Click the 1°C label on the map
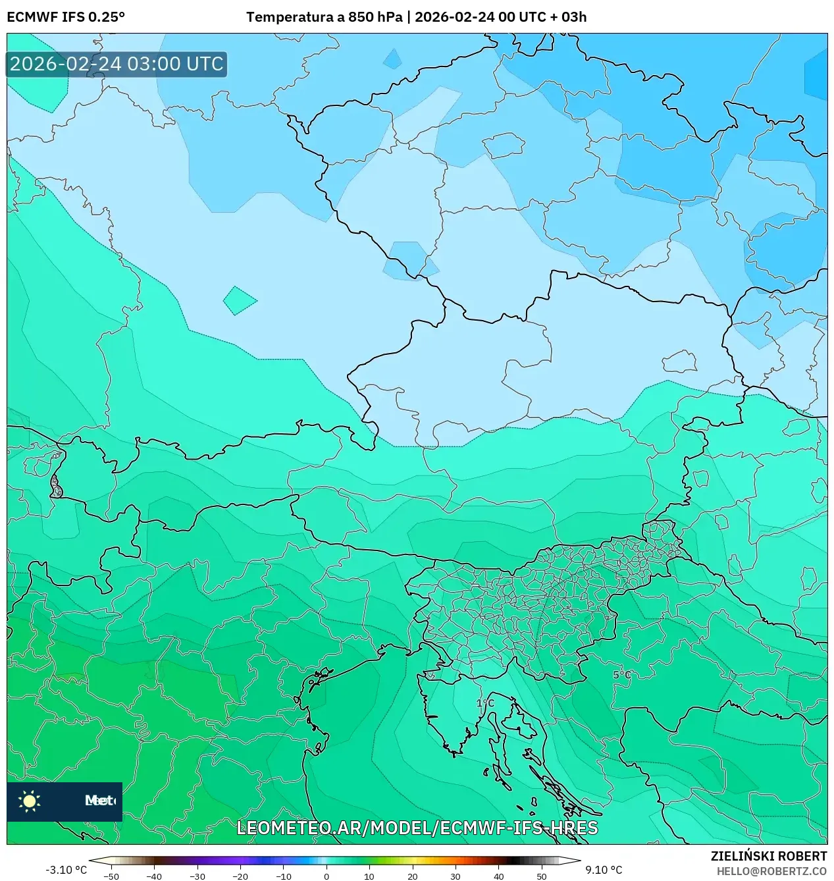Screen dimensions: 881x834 point(485,703)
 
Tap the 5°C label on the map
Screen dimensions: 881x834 point(622,675)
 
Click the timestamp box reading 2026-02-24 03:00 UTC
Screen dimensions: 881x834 point(117,64)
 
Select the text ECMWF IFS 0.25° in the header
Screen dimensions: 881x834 point(66,16)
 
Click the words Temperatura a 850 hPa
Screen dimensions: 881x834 point(324,16)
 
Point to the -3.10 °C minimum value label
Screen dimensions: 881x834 point(66,870)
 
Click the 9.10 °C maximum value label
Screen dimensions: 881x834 point(604,870)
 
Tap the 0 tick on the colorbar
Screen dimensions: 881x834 point(326,876)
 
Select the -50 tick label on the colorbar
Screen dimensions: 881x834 point(111,876)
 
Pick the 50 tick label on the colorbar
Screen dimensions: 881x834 point(541,876)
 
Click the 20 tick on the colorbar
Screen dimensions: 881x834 point(412,876)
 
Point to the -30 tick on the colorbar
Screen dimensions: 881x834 point(197,876)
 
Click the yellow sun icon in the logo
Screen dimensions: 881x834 point(30,801)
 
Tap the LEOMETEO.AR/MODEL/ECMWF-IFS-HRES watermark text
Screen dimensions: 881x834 point(417,828)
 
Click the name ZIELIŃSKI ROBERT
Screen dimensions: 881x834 point(768,856)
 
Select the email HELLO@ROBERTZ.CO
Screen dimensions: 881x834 point(771,871)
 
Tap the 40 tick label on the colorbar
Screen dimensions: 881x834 point(498,876)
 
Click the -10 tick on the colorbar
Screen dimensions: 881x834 point(283,876)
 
